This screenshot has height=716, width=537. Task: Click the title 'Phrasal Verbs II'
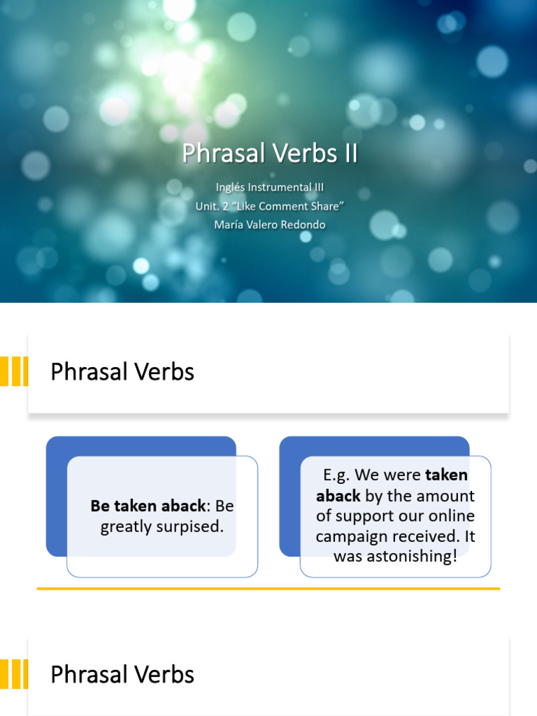pyautogui.click(x=269, y=153)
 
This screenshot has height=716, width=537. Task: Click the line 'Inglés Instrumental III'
pyautogui.click(x=269, y=187)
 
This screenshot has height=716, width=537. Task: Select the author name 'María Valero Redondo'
pyautogui.click(x=269, y=224)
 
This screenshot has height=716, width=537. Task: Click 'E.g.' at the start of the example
pyautogui.click(x=336, y=475)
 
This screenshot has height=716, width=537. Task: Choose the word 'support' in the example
pyautogui.click(x=366, y=516)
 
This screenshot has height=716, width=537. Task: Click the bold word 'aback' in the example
pyautogui.click(x=338, y=496)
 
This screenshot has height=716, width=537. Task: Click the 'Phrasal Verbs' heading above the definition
pyautogui.click(x=122, y=372)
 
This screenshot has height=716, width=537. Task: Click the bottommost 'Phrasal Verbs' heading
pyautogui.click(x=122, y=675)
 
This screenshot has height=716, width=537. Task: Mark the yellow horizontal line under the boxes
pyautogui.click(x=268, y=589)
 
